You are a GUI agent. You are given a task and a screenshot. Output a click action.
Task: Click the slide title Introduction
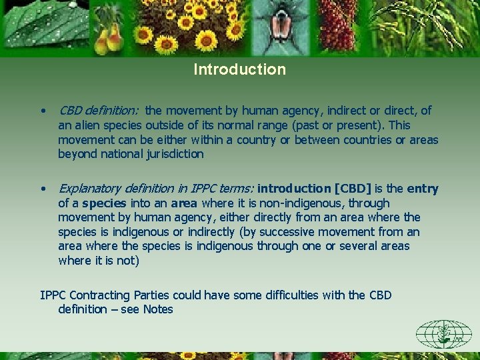pos(239,69)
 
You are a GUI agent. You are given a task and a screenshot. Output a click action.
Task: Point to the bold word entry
pos(423,189)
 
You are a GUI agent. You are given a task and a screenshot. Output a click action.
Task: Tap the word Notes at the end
pos(157,309)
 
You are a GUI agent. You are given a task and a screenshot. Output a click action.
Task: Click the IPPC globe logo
pos(443,333)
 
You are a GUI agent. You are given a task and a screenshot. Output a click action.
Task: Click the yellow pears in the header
pos(109,40)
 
